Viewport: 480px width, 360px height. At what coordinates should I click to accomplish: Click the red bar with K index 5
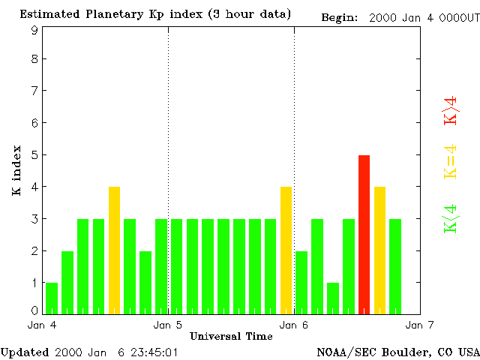(364, 234)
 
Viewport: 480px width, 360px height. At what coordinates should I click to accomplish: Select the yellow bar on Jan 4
(114, 250)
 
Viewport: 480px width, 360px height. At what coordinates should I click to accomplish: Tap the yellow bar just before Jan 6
(286, 250)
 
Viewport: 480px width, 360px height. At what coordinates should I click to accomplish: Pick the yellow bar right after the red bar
(379, 250)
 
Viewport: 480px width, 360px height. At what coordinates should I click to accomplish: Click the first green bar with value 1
(52, 298)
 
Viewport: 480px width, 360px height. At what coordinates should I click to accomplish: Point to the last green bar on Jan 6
(395, 265)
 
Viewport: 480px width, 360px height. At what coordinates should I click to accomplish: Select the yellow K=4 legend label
(451, 161)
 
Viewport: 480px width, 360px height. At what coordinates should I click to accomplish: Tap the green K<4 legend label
(451, 219)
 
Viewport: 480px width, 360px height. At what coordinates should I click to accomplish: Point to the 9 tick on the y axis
(34, 30)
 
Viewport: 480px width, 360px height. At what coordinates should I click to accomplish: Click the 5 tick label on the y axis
(34, 155)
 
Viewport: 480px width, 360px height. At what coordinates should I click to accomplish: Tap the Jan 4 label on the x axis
(42, 325)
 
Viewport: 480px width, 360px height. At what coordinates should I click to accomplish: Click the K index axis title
(16, 170)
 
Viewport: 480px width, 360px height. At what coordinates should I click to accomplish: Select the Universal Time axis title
(226, 336)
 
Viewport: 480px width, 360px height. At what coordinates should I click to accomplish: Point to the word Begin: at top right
(341, 17)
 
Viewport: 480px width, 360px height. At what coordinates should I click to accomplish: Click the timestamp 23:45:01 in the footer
(154, 352)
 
